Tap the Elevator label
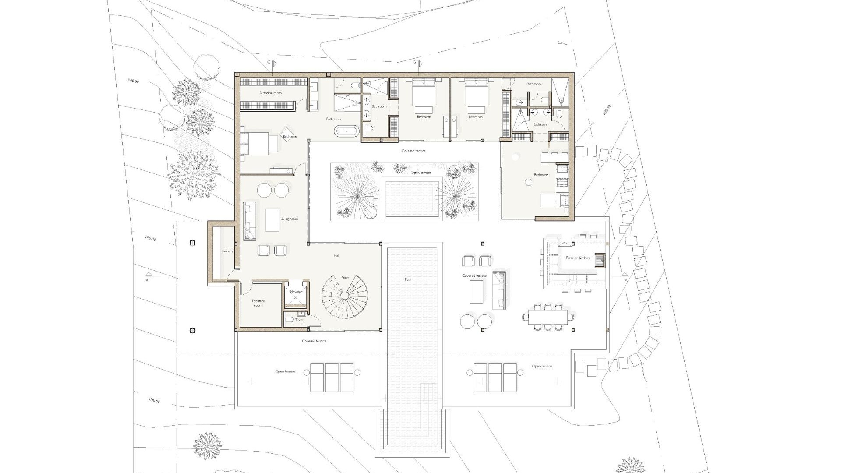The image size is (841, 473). (x=296, y=292)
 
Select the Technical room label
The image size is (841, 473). (x=258, y=303)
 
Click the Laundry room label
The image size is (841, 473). (x=227, y=251)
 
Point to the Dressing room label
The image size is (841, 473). (x=271, y=93)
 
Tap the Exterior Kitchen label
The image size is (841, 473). (x=578, y=258)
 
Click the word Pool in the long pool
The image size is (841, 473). (x=408, y=279)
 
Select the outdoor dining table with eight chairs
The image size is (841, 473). (x=548, y=317)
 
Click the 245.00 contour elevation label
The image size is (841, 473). (x=151, y=238)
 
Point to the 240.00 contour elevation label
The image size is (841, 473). (x=154, y=400)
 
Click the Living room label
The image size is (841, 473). (x=289, y=219)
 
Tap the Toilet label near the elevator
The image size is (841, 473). (x=300, y=320)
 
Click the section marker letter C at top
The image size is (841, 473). (x=269, y=63)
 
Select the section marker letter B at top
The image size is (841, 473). (x=415, y=63)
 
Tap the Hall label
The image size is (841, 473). (x=336, y=256)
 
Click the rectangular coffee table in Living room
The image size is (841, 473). (x=272, y=220)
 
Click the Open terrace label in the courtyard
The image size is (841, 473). (x=420, y=173)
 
